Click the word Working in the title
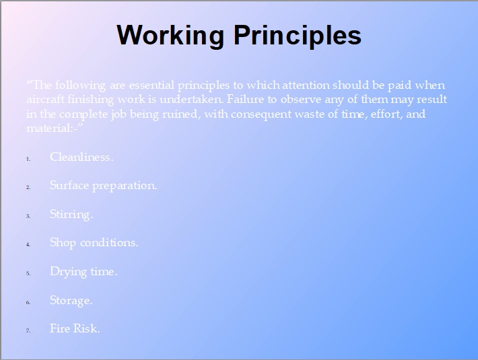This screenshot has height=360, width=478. click(170, 36)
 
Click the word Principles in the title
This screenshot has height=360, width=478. click(298, 36)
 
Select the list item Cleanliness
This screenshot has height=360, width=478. click(81, 157)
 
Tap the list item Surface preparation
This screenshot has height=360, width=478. click(104, 186)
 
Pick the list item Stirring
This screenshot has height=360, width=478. click(71, 215)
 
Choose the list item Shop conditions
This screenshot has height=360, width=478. click(94, 243)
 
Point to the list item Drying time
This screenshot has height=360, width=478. click(83, 271)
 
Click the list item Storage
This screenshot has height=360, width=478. click(71, 300)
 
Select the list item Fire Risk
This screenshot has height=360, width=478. click(75, 328)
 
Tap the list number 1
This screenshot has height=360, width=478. click(28, 159)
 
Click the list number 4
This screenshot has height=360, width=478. click(28, 244)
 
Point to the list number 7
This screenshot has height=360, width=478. click(28, 330)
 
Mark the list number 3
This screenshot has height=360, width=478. click(28, 216)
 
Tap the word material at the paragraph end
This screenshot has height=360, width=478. click(48, 129)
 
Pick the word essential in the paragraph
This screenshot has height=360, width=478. click(151, 85)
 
